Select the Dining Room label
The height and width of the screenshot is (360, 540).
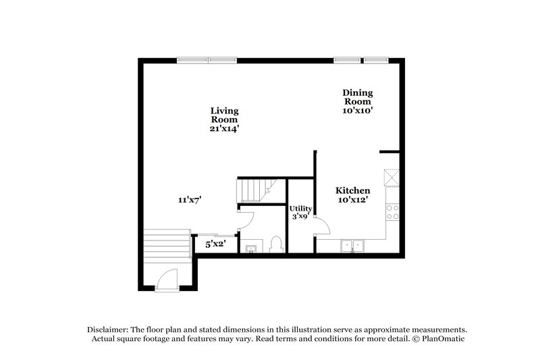pyautogui.click(x=357, y=97)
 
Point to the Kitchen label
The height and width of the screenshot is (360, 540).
pyautogui.click(x=352, y=190)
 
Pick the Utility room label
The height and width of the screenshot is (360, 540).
pyautogui.click(x=300, y=209)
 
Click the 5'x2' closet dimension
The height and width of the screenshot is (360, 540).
pyautogui.click(x=215, y=243)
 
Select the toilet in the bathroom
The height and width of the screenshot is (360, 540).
pyautogui.click(x=275, y=245)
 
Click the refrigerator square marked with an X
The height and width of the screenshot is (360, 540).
pyautogui.click(x=391, y=178)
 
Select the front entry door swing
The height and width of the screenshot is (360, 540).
pyautogui.click(x=166, y=280)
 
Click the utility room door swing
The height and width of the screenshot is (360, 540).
pyautogui.click(x=321, y=228)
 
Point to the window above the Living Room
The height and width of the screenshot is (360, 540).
pyautogui.click(x=207, y=60)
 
